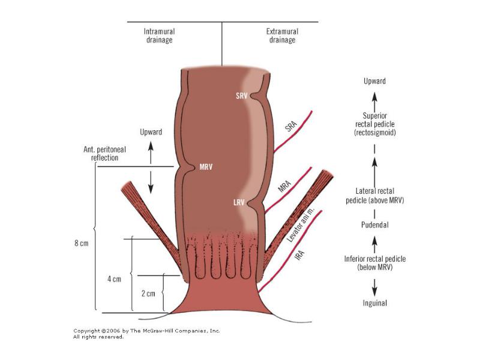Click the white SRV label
pyautogui.click(x=242, y=96)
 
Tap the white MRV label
pyautogui.click(x=206, y=167)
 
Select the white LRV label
pyautogui.click(x=239, y=202)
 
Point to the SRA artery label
pyautogui.click(x=291, y=126)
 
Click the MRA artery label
pyautogui.click(x=284, y=186)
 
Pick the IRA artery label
pyautogui.click(x=299, y=254)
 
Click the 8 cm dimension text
pyautogui.click(x=82, y=244)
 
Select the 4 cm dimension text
pyautogui.click(x=114, y=279)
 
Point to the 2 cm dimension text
pyautogui.click(x=148, y=293)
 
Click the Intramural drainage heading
pyautogui.click(x=159, y=35)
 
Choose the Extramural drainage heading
pyautogui.click(x=282, y=35)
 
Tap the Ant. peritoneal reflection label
pyautogui.click(x=104, y=154)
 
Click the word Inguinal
pyautogui.click(x=374, y=303)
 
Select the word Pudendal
pyautogui.click(x=374, y=225)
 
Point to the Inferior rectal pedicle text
pyautogui.click(x=375, y=263)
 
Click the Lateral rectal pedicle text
pyautogui.click(x=375, y=196)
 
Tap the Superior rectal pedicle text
pyautogui.click(x=375, y=124)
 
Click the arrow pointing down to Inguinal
pyautogui.click(x=374, y=287)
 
